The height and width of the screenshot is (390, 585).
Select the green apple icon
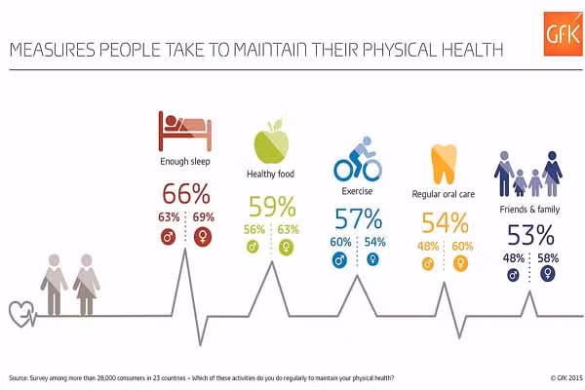tap(270, 144)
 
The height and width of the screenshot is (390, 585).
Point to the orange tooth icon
tap(444, 162)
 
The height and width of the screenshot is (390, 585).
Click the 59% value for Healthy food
tap(271, 206)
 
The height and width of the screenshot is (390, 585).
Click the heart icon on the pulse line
tap(20, 314)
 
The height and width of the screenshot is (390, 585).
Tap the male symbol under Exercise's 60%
tap(340, 260)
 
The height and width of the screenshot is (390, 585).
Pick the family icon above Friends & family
tap(528, 174)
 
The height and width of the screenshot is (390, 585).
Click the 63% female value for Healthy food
tap(288, 230)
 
